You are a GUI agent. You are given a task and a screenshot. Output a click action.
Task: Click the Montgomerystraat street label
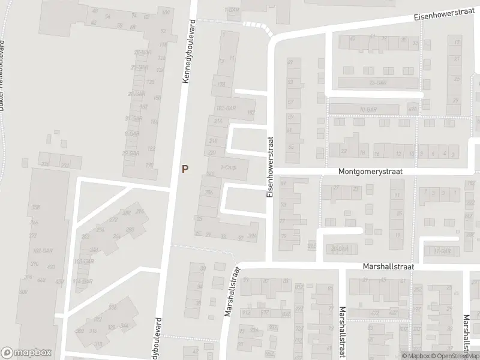click(x=370, y=171)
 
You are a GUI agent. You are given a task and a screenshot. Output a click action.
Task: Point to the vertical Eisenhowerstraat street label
click(x=271, y=167)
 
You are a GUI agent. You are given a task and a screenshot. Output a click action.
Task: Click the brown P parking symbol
click(x=185, y=170)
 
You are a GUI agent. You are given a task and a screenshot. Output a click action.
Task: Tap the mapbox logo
click(x=26, y=353)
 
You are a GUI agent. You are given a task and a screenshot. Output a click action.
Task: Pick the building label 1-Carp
click(x=229, y=167)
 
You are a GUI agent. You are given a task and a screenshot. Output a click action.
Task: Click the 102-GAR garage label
click(x=41, y=251)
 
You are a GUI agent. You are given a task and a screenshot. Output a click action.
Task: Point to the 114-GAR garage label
click(x=83, y=281)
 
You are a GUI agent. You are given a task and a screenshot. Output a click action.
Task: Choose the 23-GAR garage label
click(x=377, y=83)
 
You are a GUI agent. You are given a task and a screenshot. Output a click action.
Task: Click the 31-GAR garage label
click(x=132, y=118)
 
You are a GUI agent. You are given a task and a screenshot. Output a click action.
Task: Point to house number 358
click(x=35, y=208)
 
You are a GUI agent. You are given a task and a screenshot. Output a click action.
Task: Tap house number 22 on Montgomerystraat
click(x=344, y=152)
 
